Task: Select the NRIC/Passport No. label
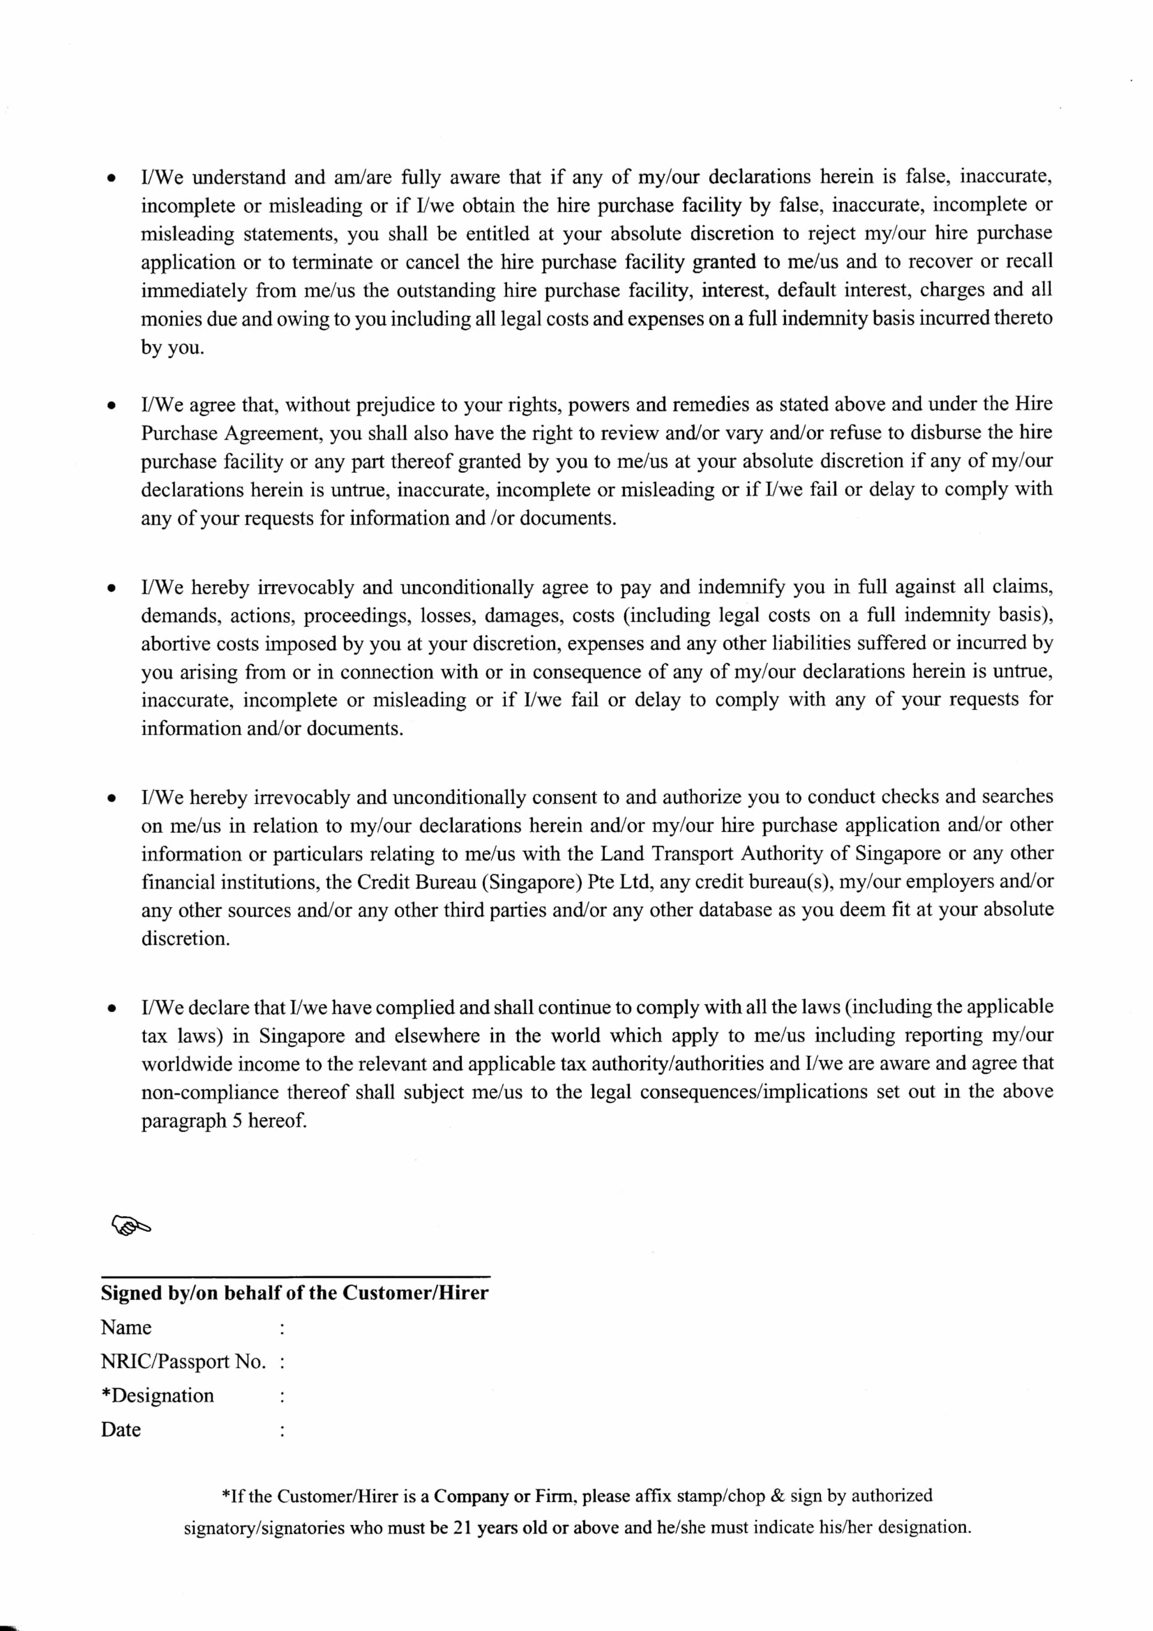point(183,1361)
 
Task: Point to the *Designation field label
point(158,1395)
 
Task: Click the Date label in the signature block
point(121,1429)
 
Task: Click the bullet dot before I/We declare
point(111,1008)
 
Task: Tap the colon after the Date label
point(283,1430)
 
